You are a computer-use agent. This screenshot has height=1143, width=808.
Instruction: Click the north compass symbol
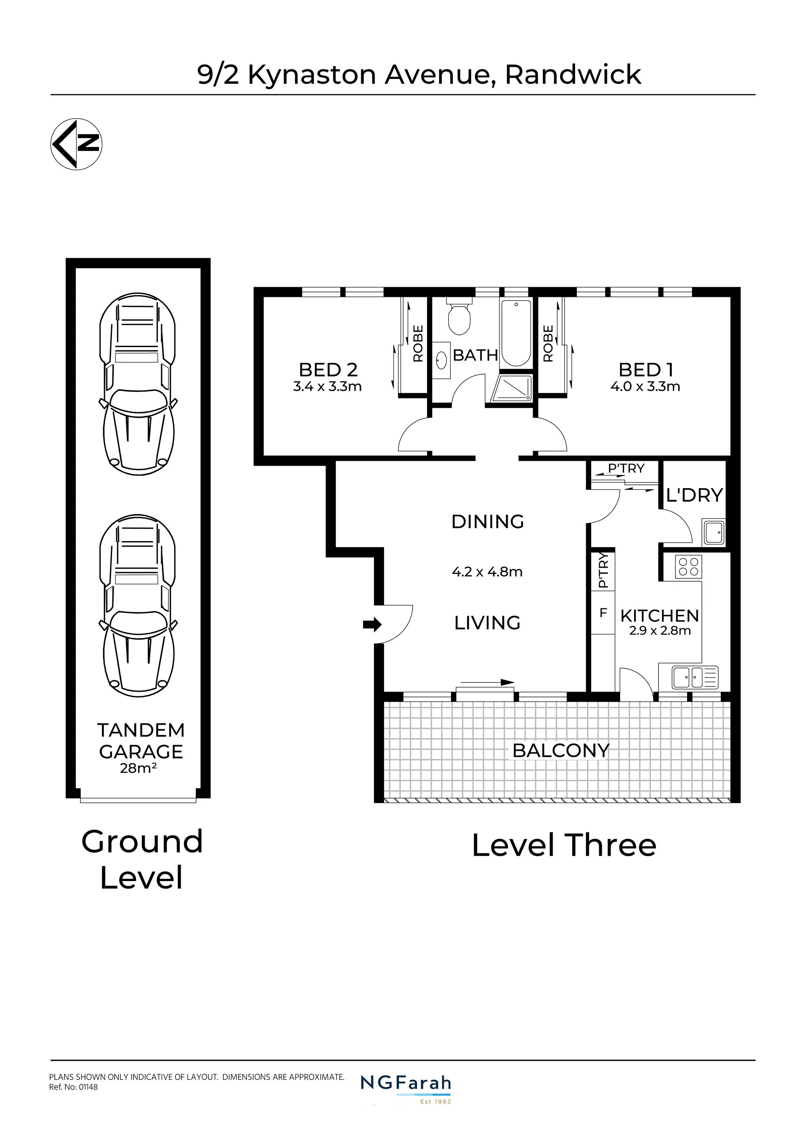[77, 144]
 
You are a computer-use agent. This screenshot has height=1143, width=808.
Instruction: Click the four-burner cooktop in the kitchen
[688, 566]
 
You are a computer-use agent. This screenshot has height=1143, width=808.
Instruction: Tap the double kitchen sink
[695, 677]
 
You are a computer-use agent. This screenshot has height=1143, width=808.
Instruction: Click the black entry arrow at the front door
[372, 624]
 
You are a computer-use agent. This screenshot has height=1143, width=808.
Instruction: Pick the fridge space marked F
[603, 613]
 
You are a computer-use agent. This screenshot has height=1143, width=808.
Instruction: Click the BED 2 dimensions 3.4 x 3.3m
[327, 386]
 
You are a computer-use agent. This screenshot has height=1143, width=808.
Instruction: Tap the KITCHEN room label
[660, 616]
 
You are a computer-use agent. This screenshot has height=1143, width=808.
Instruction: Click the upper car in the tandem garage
[138, 384]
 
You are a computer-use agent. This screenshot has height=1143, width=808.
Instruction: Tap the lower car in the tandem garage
[138, 605]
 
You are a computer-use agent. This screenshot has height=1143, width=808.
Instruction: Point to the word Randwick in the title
[573, 75]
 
